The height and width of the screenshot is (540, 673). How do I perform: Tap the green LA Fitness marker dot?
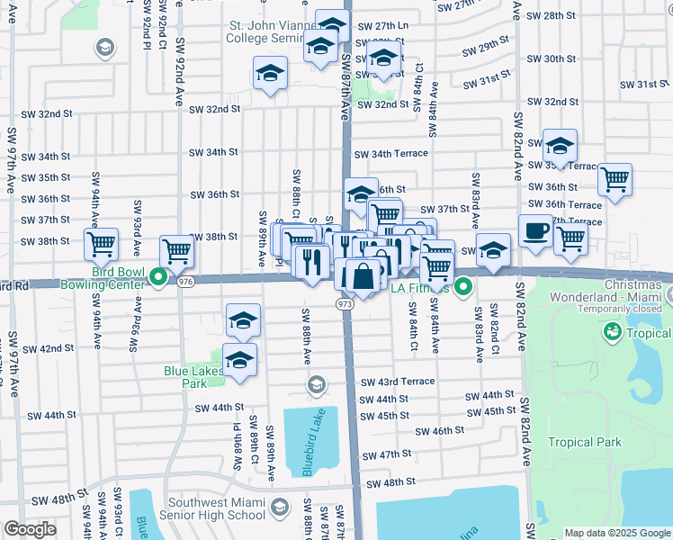point(463,288)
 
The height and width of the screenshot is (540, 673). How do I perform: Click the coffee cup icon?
point(535,230)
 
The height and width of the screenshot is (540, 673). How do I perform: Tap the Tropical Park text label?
point(585,442)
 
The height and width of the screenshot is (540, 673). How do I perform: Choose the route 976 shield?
point(185,283)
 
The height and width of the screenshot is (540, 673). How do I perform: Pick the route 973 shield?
point(346,305)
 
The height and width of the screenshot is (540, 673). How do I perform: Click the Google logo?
point(29,529)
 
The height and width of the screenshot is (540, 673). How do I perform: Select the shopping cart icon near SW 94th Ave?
point(102,243)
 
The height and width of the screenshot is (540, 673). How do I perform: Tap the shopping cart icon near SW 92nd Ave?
point(177,250)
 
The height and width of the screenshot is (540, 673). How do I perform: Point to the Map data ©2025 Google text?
point(617,533)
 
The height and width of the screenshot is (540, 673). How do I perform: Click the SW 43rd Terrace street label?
point(397,382)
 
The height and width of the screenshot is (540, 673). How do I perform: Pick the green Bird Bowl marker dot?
point(158,277)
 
